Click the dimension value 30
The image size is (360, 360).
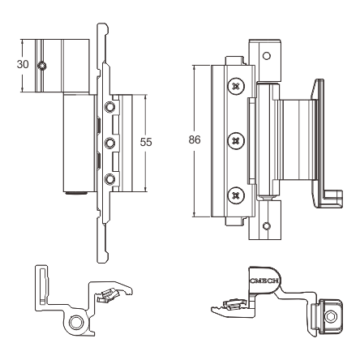click(x=23, y=64)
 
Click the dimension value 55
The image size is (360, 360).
click(x=146, y=142)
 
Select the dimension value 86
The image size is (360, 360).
click(x=195, y=139)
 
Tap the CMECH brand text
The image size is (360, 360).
click(x=264, y=281)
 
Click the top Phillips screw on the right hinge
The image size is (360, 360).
click(x=236, y=87)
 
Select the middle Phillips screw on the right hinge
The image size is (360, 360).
click(x=236, y=141)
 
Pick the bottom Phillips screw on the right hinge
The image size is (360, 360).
click(x=236, y=195)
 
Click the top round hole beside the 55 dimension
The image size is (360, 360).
click(x=109, y=107)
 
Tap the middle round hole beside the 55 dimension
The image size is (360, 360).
click(x=109, y=143)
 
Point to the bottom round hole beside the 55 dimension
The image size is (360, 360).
click(x=109, y=179)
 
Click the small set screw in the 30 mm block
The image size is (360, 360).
click(x=42, y=66)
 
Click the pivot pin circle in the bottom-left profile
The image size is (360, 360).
click(x=76, y=322)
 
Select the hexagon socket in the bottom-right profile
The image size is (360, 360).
click(x=331, y=316)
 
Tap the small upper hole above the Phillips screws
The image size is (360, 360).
click(x=267, y=56)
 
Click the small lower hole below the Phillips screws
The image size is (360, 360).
click(x=267, y=226)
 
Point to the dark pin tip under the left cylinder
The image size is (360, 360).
click(x=76, y=193)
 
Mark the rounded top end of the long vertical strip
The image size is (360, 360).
click(x=103, y=27)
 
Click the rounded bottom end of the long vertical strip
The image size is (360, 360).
click(x=103, y=259)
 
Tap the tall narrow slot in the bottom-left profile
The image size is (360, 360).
click(x=43, y=286)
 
